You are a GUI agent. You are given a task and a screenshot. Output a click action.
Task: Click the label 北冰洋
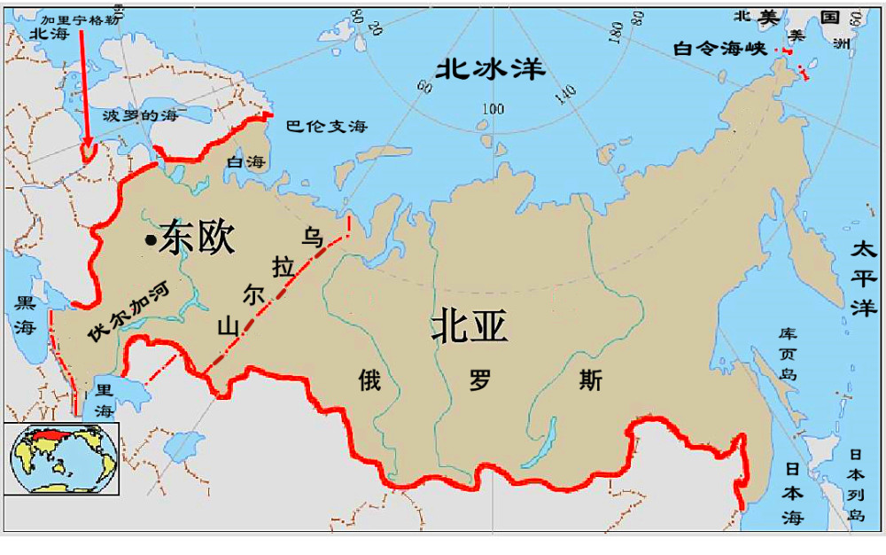(x=490, y=69)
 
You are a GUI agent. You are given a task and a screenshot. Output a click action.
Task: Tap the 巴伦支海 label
(x=325, y=127)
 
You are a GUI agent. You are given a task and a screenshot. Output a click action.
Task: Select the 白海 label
(x=245, y=162)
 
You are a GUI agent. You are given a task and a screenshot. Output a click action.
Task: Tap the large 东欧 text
(x=197, y=238)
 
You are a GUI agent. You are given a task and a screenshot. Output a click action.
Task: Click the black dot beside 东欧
(x=152, y=240)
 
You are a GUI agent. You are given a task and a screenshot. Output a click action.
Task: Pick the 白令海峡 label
(x=719, y=49)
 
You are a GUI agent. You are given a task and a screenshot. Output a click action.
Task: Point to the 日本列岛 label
(x=855, y=483)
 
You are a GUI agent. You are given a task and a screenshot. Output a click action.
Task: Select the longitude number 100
(x=493, y=109)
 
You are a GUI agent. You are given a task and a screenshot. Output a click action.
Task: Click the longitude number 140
(x=566, y=92)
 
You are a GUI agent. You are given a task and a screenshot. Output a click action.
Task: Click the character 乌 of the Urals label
(x=311, y=235)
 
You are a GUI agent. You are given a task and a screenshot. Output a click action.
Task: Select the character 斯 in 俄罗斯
(x=590, y=380)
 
